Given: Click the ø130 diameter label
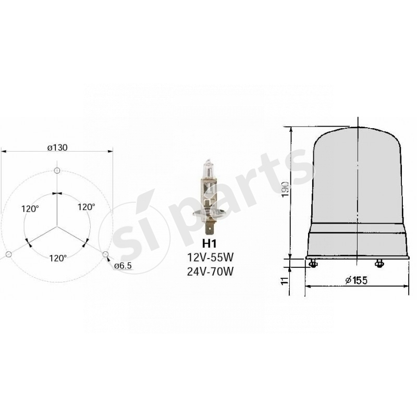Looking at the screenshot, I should pyautogui.click(x=57, y=148).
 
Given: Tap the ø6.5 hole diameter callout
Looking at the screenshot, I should pyautogui.click(x=123, y=266).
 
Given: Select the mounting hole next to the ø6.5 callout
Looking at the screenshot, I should pyautogui.click(x=106, y=254).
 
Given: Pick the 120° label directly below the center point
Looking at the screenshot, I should pyautogui.click(x=57, y=257).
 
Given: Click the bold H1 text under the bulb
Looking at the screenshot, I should pyautogui.click(x=208, y=243).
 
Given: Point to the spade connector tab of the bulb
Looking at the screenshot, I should pyautogui.click(x=211, y=228).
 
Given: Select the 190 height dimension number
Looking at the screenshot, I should pyautogui.click(x=284, y=190).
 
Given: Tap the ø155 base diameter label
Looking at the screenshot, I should pyautogui.click(x=357, y=281).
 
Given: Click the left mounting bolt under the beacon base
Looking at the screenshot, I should pyautogui.click(x=313, y=264).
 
